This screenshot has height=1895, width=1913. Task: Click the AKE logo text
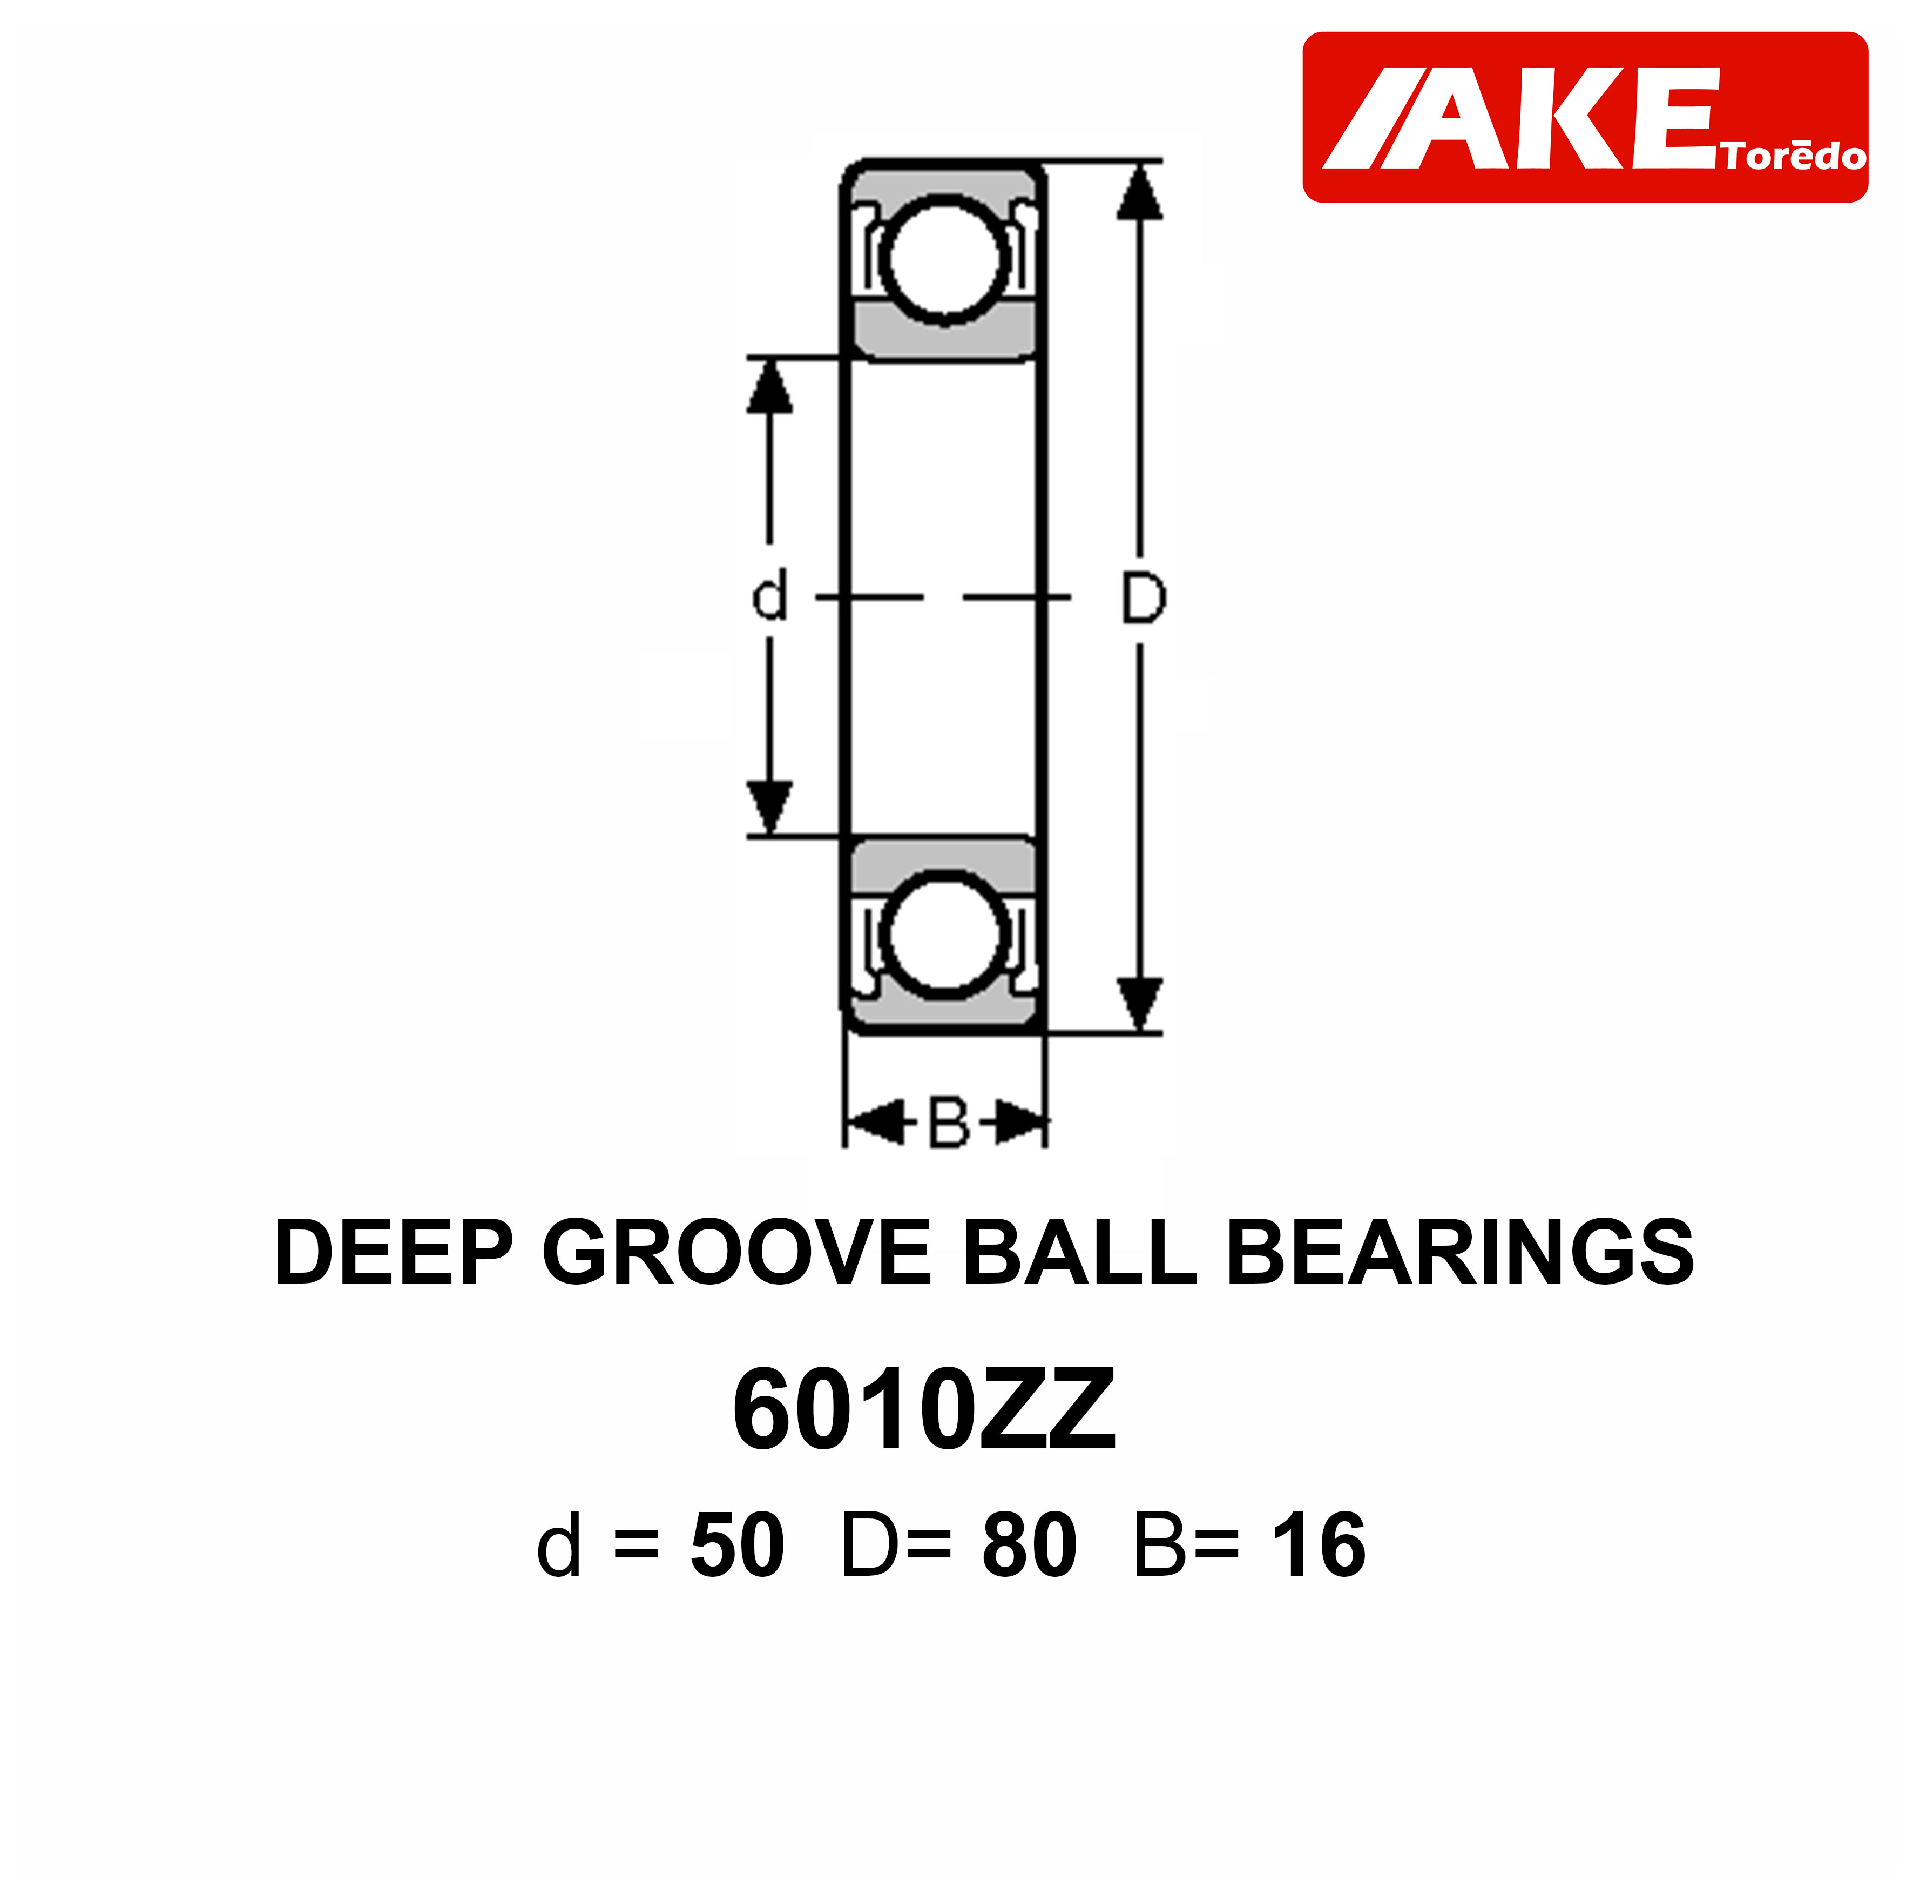[1525, 119]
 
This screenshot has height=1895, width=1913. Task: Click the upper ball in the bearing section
[944, 259]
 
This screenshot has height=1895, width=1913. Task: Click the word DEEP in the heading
[393, 1253]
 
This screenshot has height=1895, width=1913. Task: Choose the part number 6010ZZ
[924, 1409]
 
